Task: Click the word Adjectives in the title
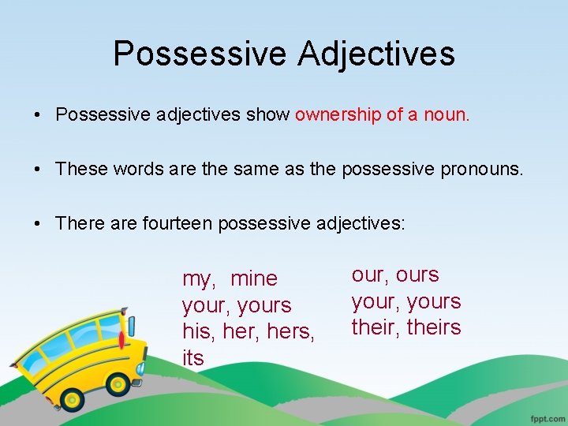[376, 54]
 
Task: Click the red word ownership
[338, 115]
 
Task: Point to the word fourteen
[177, 223]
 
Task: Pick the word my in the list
[197, 279]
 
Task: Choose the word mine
[254, 278]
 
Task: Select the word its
[192, 358]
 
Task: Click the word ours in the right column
[417, 275]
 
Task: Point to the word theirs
[434, 327]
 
